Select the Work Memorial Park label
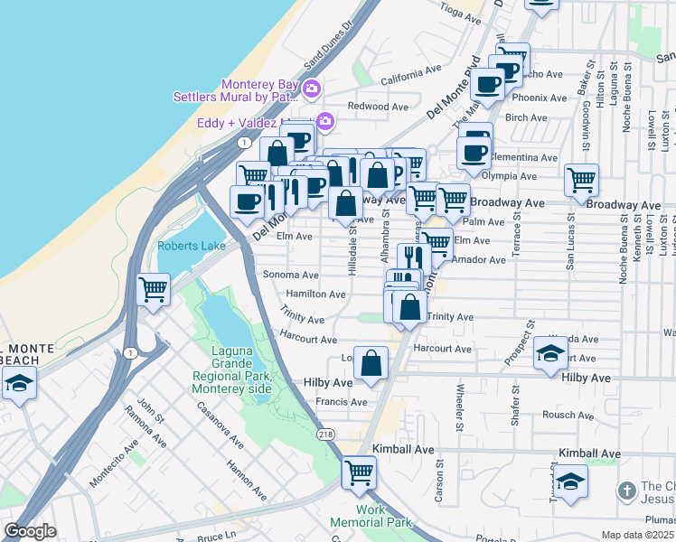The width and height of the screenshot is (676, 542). pos(371,516)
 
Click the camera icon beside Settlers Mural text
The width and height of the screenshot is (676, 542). pos(311,89)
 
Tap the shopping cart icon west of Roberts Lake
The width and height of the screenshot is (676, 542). pos(153,290)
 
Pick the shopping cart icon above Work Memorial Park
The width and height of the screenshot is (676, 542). pos(359,472)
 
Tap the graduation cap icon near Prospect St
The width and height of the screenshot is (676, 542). pos(550,353)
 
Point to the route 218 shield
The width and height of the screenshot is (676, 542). pos(324,435)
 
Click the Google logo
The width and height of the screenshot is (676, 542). pos(30,531)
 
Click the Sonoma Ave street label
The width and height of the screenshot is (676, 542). pos(290,275)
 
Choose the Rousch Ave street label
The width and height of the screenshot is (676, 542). pos(566,415)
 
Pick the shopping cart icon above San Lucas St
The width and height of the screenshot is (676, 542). pos(581,179)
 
